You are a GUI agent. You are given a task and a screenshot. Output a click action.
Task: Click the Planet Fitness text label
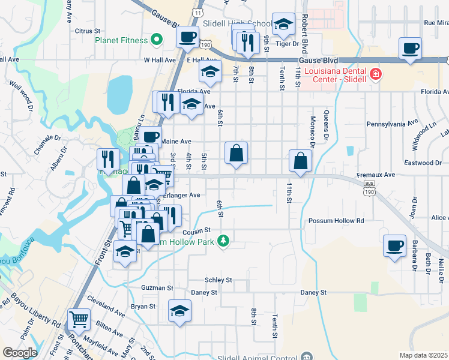point(121,40)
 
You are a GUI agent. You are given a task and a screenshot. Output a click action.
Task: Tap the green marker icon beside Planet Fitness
point(157,40)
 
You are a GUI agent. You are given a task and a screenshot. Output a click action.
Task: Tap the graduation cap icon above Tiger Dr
point(283,25)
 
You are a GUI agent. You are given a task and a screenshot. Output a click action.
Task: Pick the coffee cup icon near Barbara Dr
point(394,245)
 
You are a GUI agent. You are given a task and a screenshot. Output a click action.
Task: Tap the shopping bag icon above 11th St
point(300,161)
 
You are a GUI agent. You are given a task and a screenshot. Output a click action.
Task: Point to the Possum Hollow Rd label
point(336,221)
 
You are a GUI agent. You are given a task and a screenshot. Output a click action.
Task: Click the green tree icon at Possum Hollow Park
point(223,241)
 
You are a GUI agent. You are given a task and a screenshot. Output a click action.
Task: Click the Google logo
point(19,352)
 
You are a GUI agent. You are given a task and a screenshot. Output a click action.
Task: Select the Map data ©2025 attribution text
point(423,355)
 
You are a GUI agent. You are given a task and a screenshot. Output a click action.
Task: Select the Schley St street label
point(218,280)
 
